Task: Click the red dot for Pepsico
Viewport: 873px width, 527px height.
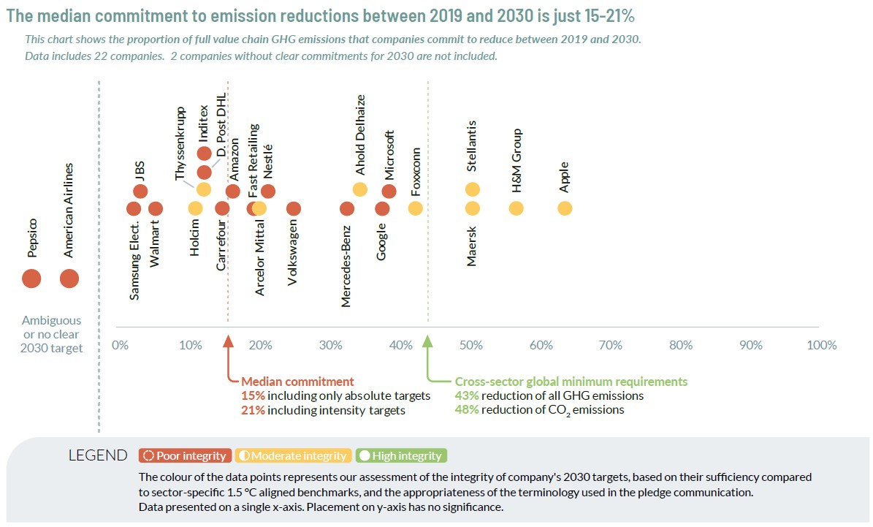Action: [x=31, y=278]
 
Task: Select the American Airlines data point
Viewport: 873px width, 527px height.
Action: [x=69, y=278]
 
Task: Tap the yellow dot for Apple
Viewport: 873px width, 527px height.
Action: [x=565, y=208]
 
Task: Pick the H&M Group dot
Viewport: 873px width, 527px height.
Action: [x=516, y=208]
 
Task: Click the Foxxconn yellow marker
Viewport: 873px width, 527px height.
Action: [x=415, y=208]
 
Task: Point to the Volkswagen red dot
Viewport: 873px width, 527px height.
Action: [x=294, y=208]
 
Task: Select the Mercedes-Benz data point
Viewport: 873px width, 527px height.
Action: [x=347, y=208]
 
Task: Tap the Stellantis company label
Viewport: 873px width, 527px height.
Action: [x=472, y=146]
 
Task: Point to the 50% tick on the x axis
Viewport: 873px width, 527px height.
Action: [x=470, y=345]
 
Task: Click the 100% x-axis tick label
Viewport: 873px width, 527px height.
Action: [x=821, y=345]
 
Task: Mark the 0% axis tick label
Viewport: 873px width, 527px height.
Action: [x=120, y=345]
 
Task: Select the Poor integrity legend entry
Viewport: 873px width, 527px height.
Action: [x=185, y=456]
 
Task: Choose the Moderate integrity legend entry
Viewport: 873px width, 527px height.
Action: [x=292, y=456]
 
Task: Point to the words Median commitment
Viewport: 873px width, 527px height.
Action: [x=297, y=382]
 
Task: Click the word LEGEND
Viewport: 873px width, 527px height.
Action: [x=97, y=456]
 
